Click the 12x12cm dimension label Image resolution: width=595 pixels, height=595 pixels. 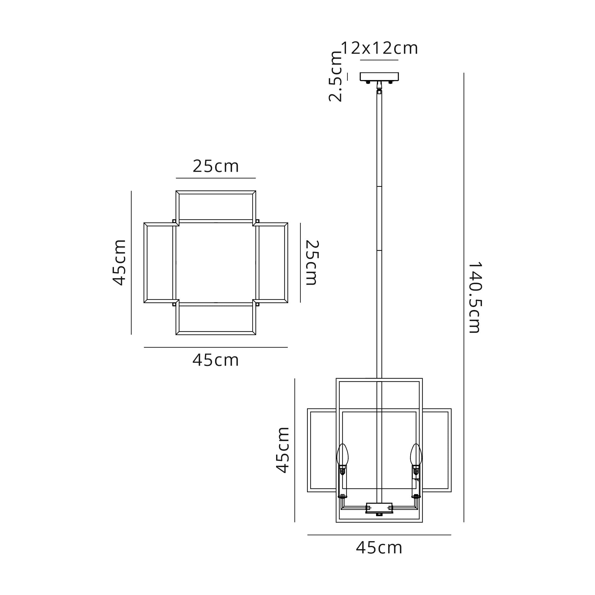[379, 48]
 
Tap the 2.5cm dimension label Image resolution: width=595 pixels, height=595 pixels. [335, 76]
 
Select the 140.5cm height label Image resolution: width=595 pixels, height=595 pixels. [475, 297]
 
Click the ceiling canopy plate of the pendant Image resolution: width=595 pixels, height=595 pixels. [379, 77]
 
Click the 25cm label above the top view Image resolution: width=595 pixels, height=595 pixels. [216, 166]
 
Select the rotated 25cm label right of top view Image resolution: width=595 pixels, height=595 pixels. [312, 263]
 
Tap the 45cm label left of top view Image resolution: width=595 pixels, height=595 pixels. [119, 262]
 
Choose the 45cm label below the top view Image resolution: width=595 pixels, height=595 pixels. [216, 360]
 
